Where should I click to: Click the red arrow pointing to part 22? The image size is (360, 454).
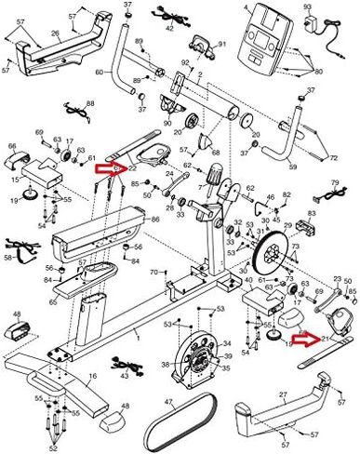pyautogui.click(x=110, y=167)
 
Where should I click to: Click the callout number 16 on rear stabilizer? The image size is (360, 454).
pyautogui.click(x=92, y=376)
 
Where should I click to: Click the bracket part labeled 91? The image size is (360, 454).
pyautogui.click(x=221, y=45)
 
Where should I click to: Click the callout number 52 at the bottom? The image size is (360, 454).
pyautogui.click(x=53, y=448)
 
